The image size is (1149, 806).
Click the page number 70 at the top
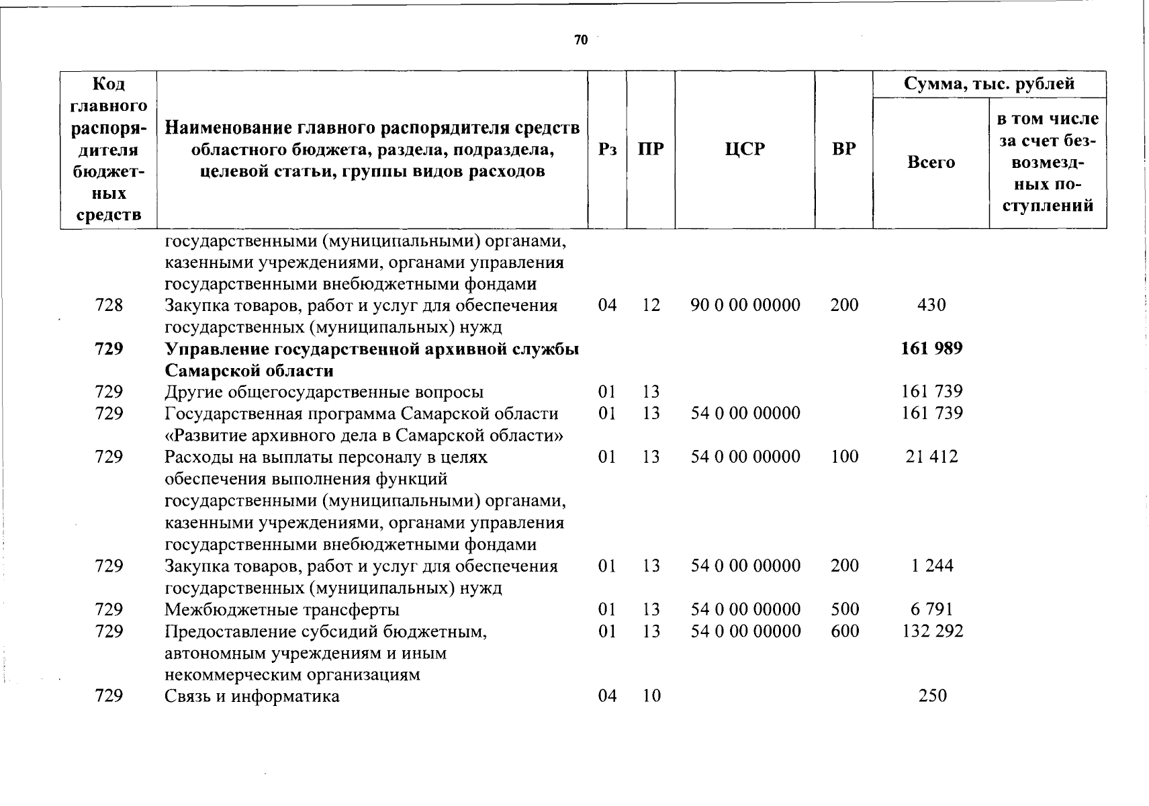click(581, 40)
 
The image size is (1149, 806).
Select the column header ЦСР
click(745, 149)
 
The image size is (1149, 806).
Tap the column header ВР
click(843, 149)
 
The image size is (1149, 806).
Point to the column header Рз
click(607, 149)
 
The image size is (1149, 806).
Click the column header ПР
click(650, 149)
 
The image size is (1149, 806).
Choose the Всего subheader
click(931, 162)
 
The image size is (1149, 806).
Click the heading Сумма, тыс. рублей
click(989, 84)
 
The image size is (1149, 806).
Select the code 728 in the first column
click(109, 305)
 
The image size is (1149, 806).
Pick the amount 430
click(931, 305)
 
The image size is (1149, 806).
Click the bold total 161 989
click(931, 349)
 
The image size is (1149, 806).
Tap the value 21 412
click(931, 457)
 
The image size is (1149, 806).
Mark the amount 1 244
click(932, 566)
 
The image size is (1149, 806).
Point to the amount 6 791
click(931, 609)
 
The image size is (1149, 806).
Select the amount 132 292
click(931, 631)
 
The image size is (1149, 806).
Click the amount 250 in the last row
click(932, 696)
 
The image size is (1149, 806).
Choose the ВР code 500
click(844, 609)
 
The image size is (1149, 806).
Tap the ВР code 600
click(844, 631)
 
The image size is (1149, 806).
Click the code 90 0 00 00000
click(745, 305)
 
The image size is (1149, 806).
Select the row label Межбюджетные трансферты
click(282, 609)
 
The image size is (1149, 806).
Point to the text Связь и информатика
click(252, 696)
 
